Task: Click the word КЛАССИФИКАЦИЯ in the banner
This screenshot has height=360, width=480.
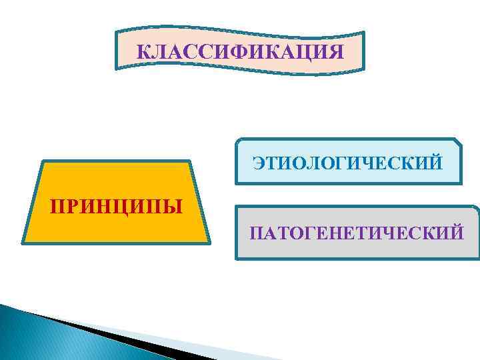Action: (x=241, y=51)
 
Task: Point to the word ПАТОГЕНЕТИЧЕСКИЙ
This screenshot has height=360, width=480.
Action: (x=357, y=233)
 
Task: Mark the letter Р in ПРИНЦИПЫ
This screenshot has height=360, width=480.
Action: (x=74, y=204)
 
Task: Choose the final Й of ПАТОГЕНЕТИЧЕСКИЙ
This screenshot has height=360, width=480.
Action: (x=455, y=233)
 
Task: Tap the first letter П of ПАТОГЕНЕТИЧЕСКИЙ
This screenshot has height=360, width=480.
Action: (x=256, y=233)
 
